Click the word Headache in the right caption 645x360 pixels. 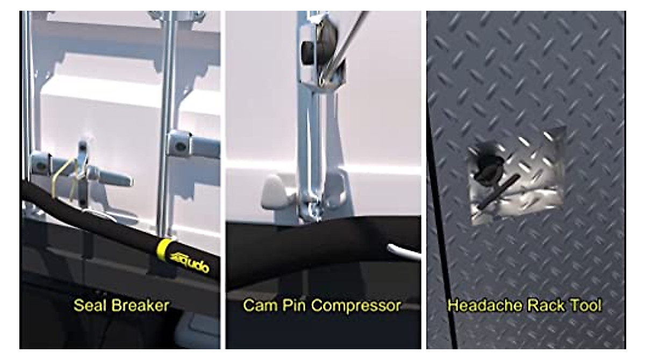click(479, 306)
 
